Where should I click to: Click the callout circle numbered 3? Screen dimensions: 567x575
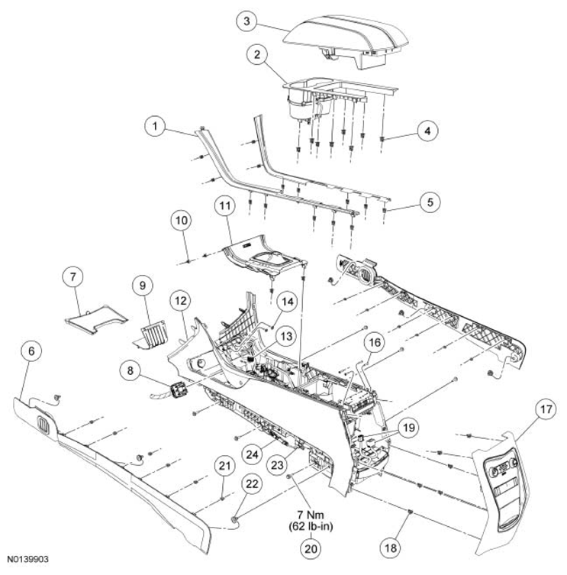tap(246, 21)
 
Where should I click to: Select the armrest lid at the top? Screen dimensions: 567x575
tap(346, 41)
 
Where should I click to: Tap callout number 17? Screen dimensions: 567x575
tap(546, 409)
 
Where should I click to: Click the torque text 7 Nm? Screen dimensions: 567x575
tap(311, 515)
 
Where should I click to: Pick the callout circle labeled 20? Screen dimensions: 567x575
tap(311, 549)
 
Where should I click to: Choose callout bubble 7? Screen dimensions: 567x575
tap(73, 277)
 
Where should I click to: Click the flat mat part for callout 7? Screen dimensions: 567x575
tap(96, 319)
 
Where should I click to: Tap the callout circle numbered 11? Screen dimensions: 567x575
tap(224, 205)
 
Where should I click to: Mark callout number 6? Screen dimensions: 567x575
tap(31, 351)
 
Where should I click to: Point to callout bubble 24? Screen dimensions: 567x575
tap(252, 454)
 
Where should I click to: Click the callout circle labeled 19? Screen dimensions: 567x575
tap(409, 428)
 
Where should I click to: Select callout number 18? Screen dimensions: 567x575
tap(391, 548)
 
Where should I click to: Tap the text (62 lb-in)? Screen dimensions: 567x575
tap(311, 527)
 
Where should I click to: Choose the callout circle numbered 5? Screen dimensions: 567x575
tap(430, 202)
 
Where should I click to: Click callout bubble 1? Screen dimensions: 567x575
tap(155, 126)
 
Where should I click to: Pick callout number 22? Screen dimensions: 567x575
tap(252, 484)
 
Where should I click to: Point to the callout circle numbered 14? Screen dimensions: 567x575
tap(288, 302)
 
